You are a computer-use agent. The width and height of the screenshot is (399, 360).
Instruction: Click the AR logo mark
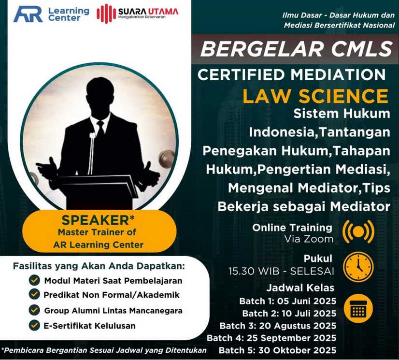tap(28, 14)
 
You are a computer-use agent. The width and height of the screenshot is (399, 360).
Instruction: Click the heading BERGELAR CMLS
tap(297, 49)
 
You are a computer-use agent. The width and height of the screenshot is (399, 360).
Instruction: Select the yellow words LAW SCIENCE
tap(315, 96)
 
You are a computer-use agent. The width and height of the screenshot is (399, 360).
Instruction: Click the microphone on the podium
tap(92, 152)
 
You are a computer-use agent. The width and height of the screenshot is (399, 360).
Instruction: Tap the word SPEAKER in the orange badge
tap(96, 220)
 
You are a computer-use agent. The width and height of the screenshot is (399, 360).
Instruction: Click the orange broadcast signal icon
tap(358, 231)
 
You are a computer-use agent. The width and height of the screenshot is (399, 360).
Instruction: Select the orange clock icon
tap(358, 267)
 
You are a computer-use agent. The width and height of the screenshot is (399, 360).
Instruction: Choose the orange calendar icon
tap(358, 308)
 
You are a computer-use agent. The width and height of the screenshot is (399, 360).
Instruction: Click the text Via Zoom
tap(309, 239)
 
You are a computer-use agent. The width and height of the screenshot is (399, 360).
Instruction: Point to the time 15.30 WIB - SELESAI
tap(281, 271)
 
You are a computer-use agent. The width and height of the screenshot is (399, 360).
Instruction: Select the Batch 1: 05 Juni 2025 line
tap(288, 301)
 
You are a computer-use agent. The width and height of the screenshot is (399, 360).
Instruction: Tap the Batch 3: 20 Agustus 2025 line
tap(278, 326)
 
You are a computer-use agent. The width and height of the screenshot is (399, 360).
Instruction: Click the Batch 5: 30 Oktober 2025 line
tap(278, 350)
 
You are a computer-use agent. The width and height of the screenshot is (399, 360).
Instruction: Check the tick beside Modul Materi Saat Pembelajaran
tap(34, 280)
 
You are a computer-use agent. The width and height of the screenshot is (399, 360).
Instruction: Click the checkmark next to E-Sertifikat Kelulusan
tap(34, 325)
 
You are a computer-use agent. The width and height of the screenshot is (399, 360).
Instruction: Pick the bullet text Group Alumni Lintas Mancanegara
tap(113, 311)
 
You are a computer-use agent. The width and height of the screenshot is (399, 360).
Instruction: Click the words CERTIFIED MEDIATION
tap(292, 74)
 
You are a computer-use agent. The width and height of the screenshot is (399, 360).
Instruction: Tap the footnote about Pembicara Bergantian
tap(104, 350)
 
